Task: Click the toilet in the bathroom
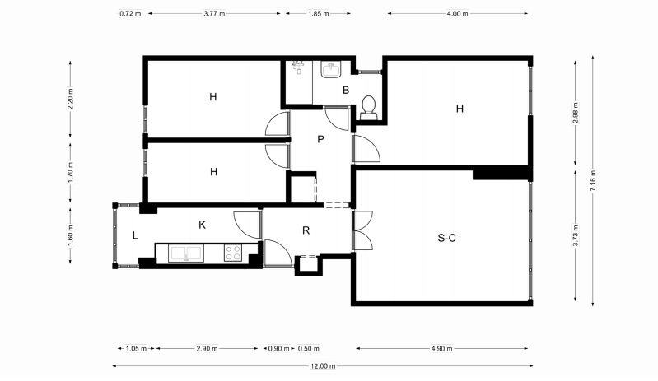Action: [369, 107]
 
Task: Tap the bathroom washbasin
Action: [331, 70]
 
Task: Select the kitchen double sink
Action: [186, 253]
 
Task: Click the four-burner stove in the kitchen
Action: [233, 253]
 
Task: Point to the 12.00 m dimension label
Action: [323, 366]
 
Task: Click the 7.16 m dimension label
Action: [593, 180]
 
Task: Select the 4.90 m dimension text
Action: [442, 348]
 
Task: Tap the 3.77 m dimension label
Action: [214, 13]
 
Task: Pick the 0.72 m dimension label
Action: [130, 13]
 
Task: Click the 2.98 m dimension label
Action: [576, 113]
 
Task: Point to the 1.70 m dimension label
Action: [70, 172]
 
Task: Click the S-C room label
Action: [446, 238]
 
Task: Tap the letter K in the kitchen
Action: [202, 225]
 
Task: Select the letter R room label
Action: [306, 230]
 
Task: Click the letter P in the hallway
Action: [320, 139]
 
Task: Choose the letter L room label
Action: [135, 235]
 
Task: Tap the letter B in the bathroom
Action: [346, 91]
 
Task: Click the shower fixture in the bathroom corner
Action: [298, 66]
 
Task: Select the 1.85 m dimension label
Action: [319, 13]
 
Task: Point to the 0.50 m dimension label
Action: [309, 348]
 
